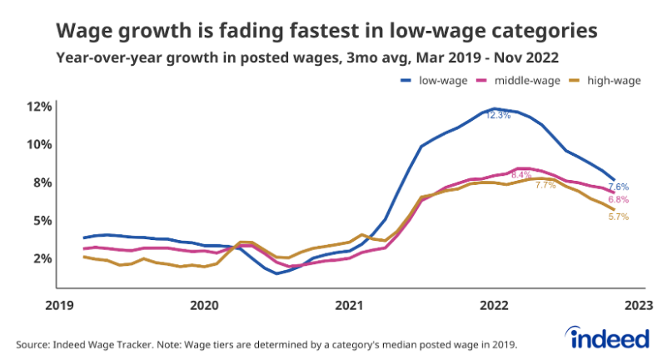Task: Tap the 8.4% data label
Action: pos(521,175)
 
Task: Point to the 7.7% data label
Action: pos(545,185)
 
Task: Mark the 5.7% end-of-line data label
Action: pos(618,217)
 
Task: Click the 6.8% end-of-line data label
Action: pos(618,200)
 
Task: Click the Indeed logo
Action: pos(610,337)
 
